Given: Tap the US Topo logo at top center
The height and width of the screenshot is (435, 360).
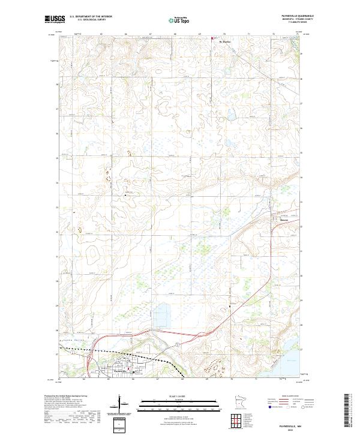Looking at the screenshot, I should coord(180,20).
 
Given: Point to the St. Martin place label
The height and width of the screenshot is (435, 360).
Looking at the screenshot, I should coord(226,42).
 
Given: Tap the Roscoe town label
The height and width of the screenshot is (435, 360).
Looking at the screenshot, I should coord(284,219).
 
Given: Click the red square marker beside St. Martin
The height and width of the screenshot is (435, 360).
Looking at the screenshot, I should coord(213,40).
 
